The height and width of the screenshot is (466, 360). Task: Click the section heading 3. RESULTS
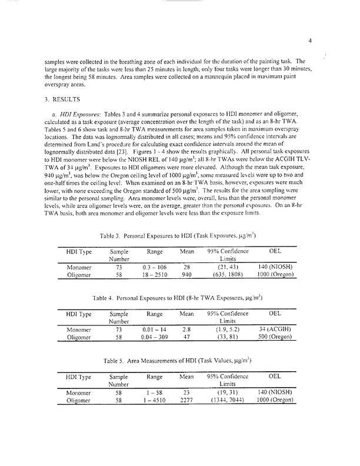tap(65, 99)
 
